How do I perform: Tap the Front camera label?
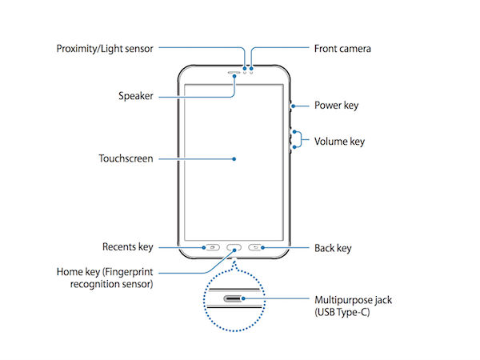point(342,48)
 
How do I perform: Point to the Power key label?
point(337,104)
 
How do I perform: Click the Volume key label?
point(340,142)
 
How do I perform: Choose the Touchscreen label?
point(126,158)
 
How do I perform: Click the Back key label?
point(333,248)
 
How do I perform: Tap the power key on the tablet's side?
point(291,105)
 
